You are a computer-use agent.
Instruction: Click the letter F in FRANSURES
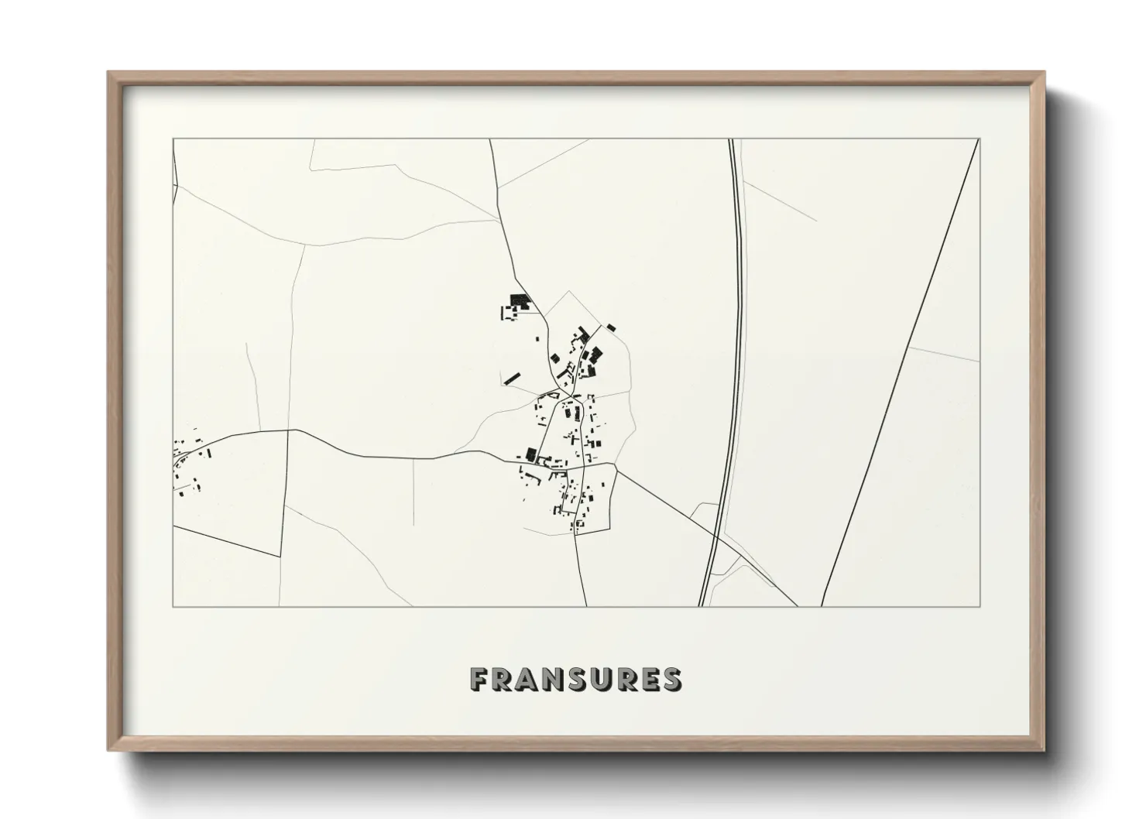point(480,679)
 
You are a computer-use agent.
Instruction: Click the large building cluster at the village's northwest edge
point(516,302)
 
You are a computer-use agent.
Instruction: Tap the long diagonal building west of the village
point(512,379)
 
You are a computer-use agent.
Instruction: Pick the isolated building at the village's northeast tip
point(610,327)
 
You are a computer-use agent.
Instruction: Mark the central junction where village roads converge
point(571,396)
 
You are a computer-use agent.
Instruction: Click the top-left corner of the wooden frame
point(110,74)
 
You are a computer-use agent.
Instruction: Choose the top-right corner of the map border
point(980,139)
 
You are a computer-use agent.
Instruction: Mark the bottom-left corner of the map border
point(173,606)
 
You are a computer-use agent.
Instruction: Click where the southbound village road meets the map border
point(586,606)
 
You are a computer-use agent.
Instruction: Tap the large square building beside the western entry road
point(531,454)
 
